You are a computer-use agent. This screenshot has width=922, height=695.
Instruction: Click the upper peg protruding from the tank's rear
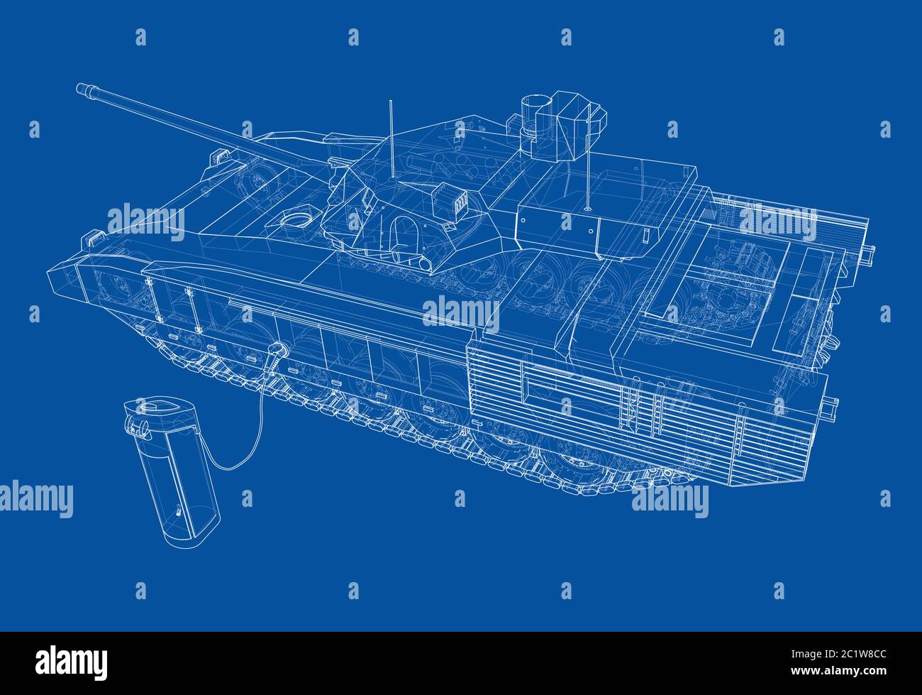point(869,252)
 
